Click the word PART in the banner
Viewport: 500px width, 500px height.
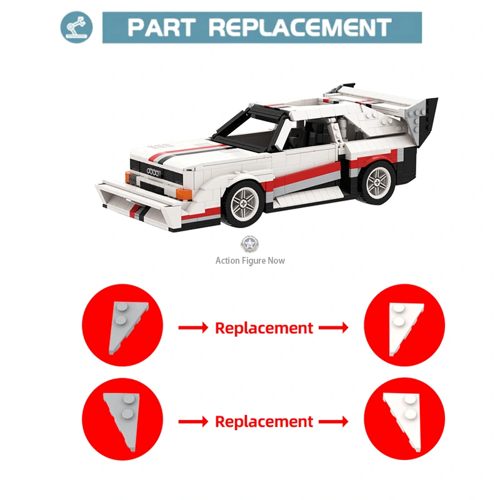click(x=161, y=27)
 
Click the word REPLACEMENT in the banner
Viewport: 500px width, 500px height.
click(x=300, y=27)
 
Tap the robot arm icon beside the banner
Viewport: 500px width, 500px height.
click(x=76, y=27)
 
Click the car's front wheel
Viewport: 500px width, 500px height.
click(x=244, y=202)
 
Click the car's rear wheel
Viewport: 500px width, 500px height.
click(x=377, y=182)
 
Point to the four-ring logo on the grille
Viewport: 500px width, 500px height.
click(x=153, y=172)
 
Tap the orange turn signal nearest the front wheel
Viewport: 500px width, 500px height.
click(x=184, y=194)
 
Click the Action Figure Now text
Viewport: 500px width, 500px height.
click(x=250, y=261)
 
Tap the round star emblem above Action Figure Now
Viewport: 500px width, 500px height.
click(x=249, y=244)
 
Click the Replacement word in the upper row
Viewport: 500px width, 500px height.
click(x=264, y=328)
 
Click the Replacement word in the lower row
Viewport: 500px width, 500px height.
click(x=264, y=422)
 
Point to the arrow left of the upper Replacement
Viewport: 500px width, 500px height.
click(x=193, y=327)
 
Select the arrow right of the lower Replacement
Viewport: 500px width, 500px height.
click(x=334, y=421)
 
